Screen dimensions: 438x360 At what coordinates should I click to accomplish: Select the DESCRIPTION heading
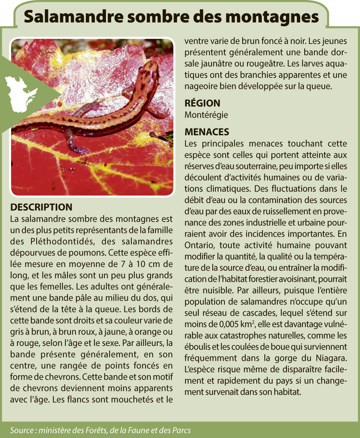pos(41,207)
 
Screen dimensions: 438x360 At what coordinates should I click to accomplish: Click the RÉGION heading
pos(202,103)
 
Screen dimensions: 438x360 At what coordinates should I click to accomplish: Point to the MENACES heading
pos(207,132)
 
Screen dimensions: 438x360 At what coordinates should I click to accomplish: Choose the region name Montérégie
pos(206,115)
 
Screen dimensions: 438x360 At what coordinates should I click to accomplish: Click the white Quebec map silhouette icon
pos(21,92)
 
